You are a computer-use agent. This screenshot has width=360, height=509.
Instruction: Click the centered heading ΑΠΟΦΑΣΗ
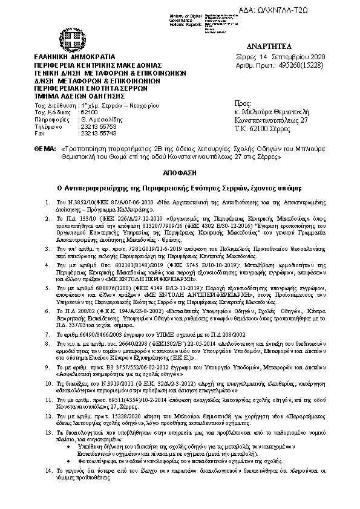point(180,170)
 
